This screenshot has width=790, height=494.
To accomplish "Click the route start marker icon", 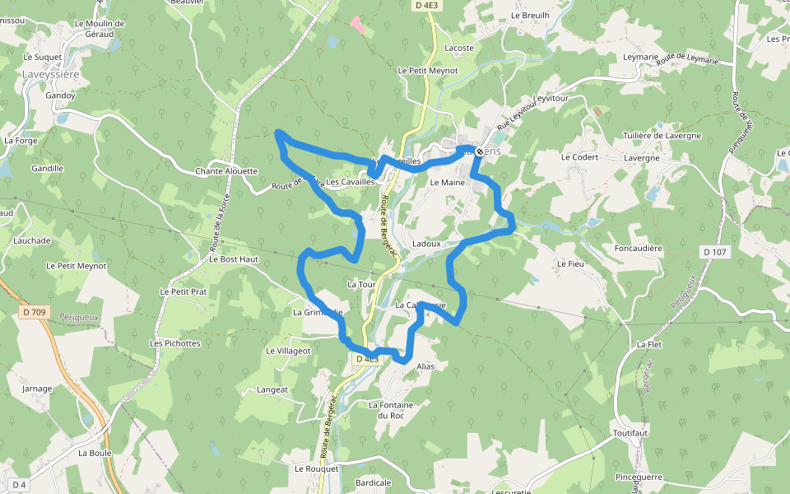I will pos(480,151).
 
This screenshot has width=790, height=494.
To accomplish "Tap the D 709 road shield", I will pos(34,312).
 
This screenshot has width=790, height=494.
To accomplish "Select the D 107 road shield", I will pos(714,251).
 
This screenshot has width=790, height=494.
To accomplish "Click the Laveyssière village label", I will pos(50,73).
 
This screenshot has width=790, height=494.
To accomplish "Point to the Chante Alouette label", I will pos(226,171).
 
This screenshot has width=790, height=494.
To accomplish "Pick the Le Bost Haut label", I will pos(234,259).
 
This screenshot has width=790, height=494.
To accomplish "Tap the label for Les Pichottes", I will pos(174,343).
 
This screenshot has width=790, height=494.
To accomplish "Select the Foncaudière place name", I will pos(639,248).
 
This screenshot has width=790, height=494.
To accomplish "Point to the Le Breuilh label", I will pos(529,15).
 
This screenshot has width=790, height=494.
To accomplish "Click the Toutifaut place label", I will pos(631,432).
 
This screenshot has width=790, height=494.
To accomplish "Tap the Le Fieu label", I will pos(569,263).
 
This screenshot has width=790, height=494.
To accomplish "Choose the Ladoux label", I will pos(427,244).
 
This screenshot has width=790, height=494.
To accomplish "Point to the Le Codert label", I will pos(579,156).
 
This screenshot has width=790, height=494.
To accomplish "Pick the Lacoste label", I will pos(459,49).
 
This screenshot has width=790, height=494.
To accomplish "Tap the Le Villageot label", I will pos(288,350).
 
